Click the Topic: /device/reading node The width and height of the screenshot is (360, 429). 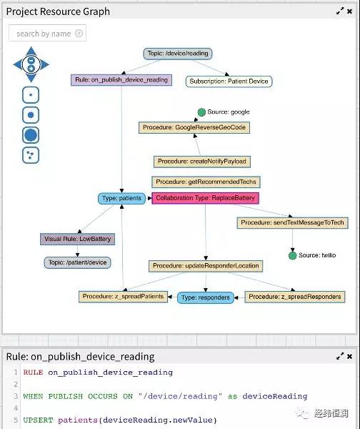point(178,54)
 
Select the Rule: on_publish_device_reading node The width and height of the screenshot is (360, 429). point(121,80)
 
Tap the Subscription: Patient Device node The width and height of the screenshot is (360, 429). point(229,82)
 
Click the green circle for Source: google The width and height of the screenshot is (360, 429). point(201,112)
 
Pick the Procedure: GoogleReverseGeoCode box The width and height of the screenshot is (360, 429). point(194,127)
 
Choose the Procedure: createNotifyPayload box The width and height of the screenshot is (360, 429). point(202,162)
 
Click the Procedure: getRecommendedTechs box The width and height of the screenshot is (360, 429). point(206,182)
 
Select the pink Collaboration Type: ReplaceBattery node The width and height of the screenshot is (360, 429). point(205,198)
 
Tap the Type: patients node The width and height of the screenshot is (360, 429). point(121,198)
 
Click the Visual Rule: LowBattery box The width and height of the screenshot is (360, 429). point(77,239)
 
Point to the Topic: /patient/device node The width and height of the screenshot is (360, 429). point(77,262)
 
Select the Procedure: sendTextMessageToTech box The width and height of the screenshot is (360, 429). point(292,222)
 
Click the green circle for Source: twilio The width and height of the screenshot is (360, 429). point(292,256)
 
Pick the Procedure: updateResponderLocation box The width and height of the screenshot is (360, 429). point(206,266)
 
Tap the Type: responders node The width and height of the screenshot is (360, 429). point(206,297)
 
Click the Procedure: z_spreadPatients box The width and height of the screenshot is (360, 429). point(123,297)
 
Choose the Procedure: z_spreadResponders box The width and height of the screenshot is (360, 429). point(295,297)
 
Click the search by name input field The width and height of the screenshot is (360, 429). point(47,33)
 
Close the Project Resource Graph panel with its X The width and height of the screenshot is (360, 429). point(349,11)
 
